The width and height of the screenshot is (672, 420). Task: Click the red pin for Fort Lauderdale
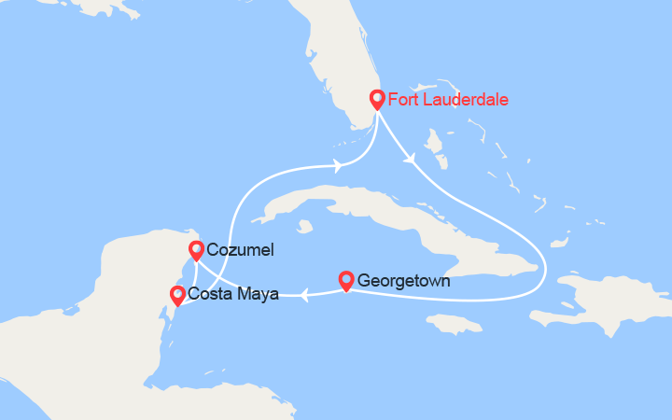[x=377, y=99]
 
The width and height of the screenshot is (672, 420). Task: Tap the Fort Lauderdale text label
[x=448, y=99]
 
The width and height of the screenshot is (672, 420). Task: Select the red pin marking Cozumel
[x=196, y=249]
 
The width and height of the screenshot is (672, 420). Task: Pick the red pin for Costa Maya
[x=177, y=295]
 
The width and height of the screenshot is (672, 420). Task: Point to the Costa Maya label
[x=233, y=295]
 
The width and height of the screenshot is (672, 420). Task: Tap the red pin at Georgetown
[x=345, y=279]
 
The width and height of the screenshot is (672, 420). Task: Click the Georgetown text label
[x=404, y=280]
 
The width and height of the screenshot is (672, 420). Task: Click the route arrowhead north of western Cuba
[x=336, y=167]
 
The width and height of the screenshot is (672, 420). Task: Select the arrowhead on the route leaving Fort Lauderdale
[x=410, y=161]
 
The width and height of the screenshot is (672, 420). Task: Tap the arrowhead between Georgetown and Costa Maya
[x=304, y=296]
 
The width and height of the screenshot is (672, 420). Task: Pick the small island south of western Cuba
[x=303, y=226]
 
